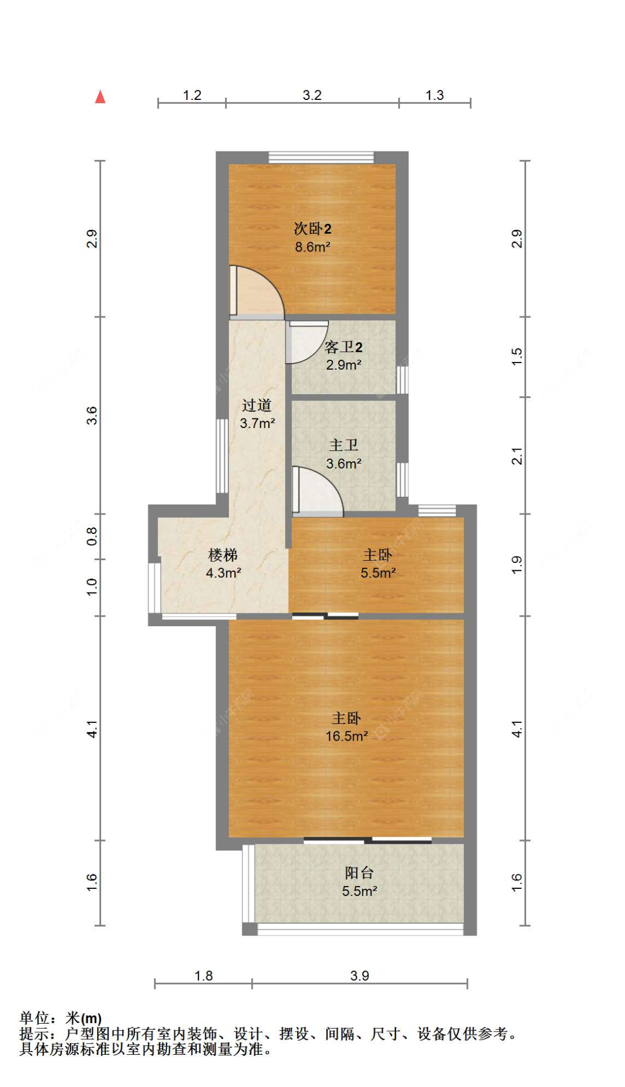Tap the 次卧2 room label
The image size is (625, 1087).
click(x=312, y=228)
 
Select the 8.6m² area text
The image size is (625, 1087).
click(x=312, y=247)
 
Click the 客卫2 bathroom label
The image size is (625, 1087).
click(x=343, y=347)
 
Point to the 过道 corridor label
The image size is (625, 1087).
click(x=257, y=405)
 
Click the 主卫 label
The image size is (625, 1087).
click(x=343, y=445)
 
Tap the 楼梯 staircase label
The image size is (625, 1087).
click(x=223, y=554)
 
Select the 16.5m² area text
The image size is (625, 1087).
click(x=347, y=736)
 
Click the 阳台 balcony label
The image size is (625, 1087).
click(x=359, y=873)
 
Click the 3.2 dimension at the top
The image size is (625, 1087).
click(x=312, y=95)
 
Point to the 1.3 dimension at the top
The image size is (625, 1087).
click(x=434, y=95)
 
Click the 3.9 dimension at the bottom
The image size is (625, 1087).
click(x=359, y=975)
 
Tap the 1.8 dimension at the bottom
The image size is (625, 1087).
click(x=203, y=975)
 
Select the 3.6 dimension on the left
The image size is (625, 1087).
click(x=92, y=415)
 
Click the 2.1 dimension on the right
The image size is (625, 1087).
click(x=517, y=456)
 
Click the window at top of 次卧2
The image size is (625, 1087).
click(x=321, y=157)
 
